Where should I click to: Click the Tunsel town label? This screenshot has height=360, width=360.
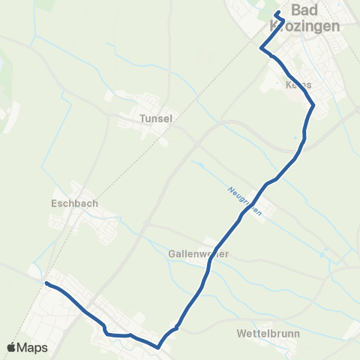(x=156, y=118)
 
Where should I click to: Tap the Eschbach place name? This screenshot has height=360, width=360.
(x=75, y=203)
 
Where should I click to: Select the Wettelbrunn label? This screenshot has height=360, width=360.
(x=267, y=330)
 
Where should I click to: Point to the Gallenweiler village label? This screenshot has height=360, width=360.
(x=197, y=254)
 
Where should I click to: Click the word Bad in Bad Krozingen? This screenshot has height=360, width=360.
(x=304, y=10)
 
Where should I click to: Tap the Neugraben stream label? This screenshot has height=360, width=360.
(x=245, y=201)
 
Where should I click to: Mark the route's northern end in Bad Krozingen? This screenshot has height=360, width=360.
(x=277, y=13)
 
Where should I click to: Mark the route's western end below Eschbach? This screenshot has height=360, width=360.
(x=46, y=283)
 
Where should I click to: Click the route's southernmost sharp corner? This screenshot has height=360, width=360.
(x=158, y=347)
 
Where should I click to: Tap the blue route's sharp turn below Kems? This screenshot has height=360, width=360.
(x=313, y=106)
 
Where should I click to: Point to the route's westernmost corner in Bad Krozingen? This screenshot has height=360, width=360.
(x=261, y=49)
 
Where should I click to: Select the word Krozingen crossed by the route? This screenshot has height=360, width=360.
(x=303, y=26)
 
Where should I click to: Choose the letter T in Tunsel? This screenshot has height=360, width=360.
(x=142, y=118)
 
